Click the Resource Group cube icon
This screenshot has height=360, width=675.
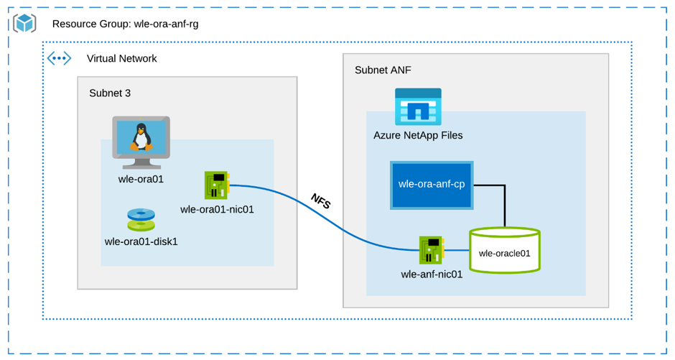tap(25, 24)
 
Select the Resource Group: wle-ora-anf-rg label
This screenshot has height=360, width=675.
tap(125, 24)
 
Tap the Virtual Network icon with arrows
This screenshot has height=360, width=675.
tap(59, 58)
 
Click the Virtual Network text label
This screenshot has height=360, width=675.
tap(121, 59)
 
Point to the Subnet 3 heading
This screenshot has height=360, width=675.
tap(110, 93)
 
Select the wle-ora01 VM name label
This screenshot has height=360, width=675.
tap(141, 179)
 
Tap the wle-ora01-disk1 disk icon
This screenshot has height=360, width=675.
tap(141, 218)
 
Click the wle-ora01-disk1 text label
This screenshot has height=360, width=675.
tap(141, 241)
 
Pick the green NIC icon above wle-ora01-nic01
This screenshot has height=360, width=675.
tap(217, 185)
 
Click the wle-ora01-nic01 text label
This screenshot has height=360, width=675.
tap(217, 210)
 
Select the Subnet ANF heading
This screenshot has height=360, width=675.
tap(383, 70)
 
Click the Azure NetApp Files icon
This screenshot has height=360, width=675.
tap(418, 107)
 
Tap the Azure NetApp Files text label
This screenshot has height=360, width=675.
tap(418, 135)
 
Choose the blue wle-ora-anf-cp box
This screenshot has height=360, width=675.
tap(432, 185)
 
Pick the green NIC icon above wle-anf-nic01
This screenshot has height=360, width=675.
tap(432, 250)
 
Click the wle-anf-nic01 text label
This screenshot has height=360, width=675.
tap(432, 274)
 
